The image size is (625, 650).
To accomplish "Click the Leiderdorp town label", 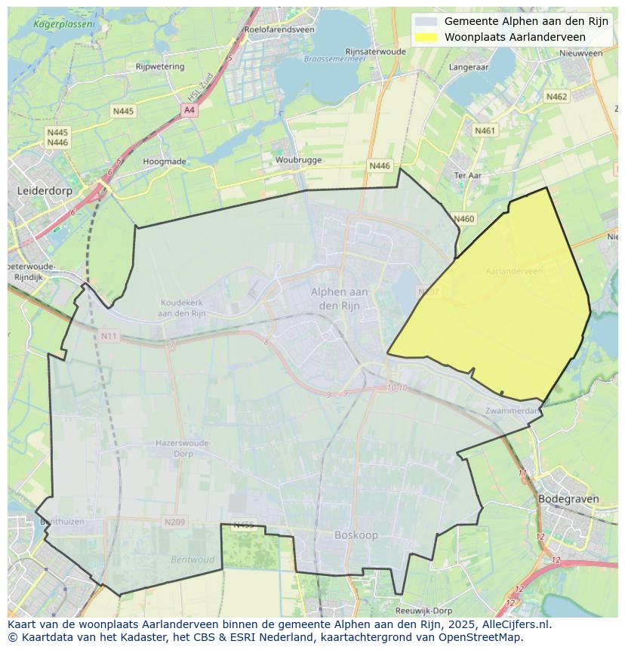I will [x=45, y=191].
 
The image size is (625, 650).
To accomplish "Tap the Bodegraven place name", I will [x=568, y=499].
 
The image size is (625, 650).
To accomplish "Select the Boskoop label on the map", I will [x=356, y=535].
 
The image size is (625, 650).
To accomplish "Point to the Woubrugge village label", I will [x=298, y=160].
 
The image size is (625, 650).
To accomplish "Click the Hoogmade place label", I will [x=164, y=162].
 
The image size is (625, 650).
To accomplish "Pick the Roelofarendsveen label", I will [x=279, y=29].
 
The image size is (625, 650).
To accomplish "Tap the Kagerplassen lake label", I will [x=64, y=24].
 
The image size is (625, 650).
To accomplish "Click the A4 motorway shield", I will [x=189, y=110].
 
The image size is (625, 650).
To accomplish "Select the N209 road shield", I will [x=174, y=522].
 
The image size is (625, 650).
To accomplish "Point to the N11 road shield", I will [x=109, y=335].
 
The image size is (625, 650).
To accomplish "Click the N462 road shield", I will [x=556, y=97].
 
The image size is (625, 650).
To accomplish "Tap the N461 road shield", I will [x=485, y=131].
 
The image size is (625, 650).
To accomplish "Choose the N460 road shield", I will [x=464, y=219].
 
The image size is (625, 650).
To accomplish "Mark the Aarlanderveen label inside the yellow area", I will [x=514, y=271].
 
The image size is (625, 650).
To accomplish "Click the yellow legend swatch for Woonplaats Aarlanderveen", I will [x=426, y=37].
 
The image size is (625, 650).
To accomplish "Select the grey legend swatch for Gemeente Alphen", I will [x=426, y=22].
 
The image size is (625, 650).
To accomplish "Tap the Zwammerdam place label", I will [x=514, y=411].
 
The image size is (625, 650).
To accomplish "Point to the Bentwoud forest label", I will [x=192, y=560].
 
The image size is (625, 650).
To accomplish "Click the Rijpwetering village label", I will [x=159, y=66].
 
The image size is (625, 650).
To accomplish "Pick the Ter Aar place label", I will [x=468, y=175].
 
